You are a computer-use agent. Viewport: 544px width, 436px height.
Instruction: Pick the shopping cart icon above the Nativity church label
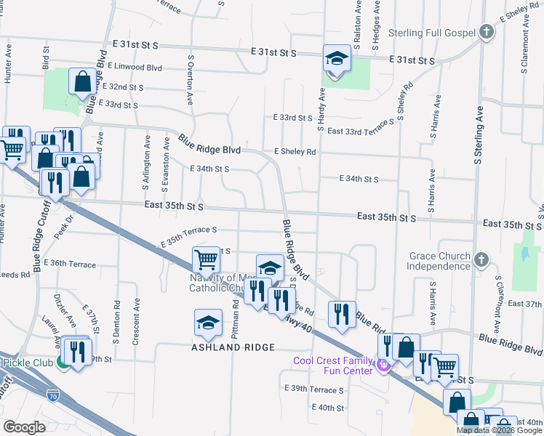tap(206, 259)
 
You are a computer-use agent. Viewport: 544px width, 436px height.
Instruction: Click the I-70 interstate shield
tap(53, 397)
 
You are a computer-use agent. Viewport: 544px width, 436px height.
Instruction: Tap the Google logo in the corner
tap(24, 427)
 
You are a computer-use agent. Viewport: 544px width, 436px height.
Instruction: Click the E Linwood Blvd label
tap(134, 67)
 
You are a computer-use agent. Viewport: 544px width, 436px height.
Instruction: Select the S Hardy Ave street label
tap(320, 110)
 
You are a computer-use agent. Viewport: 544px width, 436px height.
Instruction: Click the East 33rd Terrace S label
tap(361, 131)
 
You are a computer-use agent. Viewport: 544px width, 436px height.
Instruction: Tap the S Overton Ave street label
tap(190, 79)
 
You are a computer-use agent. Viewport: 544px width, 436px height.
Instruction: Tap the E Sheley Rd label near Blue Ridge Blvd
tap(295, 152)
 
